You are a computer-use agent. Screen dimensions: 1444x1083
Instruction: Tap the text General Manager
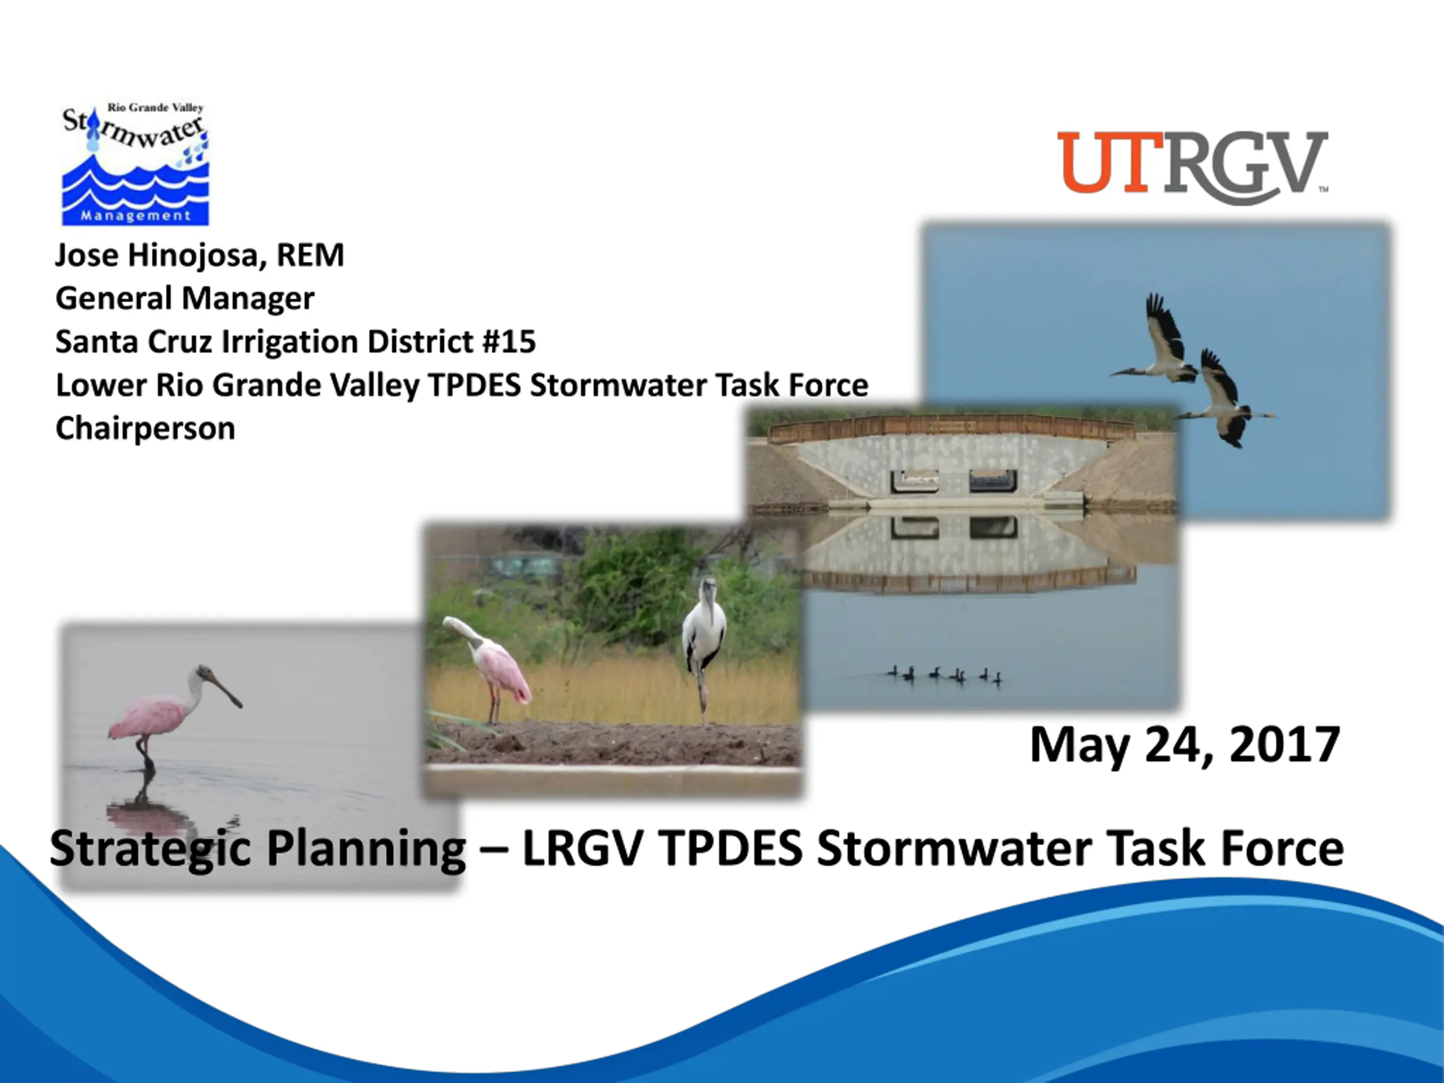tap(185, 298)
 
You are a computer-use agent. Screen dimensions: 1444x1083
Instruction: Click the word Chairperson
tap(146, 429)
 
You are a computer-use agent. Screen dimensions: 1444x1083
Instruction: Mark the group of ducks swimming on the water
tap(945, 675)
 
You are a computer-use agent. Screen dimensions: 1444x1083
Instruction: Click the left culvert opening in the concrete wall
tap(914, 481)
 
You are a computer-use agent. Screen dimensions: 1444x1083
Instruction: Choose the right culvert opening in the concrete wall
tap(992, 481)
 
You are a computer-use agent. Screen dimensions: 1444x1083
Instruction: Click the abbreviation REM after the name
tap(310, 256)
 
